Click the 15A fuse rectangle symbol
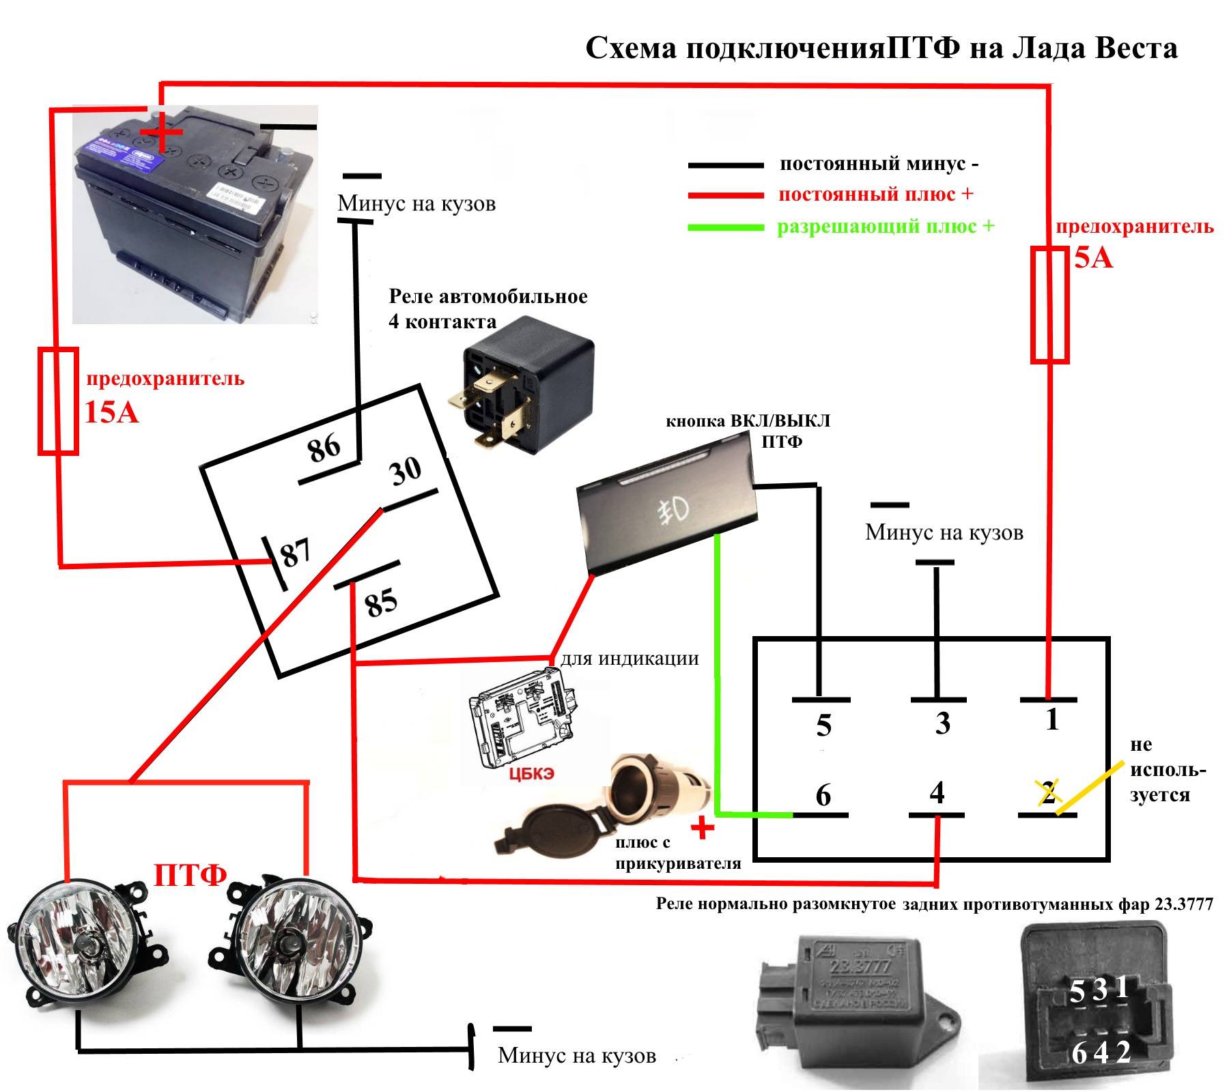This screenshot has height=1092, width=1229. [x=57, y=401]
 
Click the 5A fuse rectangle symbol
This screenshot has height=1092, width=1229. [x=1049, y=304]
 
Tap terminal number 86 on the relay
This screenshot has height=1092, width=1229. [x=324, y=448]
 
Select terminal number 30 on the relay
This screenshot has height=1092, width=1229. [x=406, y=471]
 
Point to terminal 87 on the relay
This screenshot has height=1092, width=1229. [x=296, y=553]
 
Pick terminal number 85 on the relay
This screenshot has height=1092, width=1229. [x=380, y=603]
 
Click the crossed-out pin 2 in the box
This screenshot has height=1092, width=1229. [x=1049, y=792]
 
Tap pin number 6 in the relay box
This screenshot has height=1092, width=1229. [x=823, y=795]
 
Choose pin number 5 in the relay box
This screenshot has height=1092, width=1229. [x=823, y=725]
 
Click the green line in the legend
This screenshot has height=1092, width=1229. [x=725, y=227]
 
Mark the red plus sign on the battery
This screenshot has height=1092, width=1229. [x=162, y=132]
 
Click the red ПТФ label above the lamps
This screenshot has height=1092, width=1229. [x=190, y=875]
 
